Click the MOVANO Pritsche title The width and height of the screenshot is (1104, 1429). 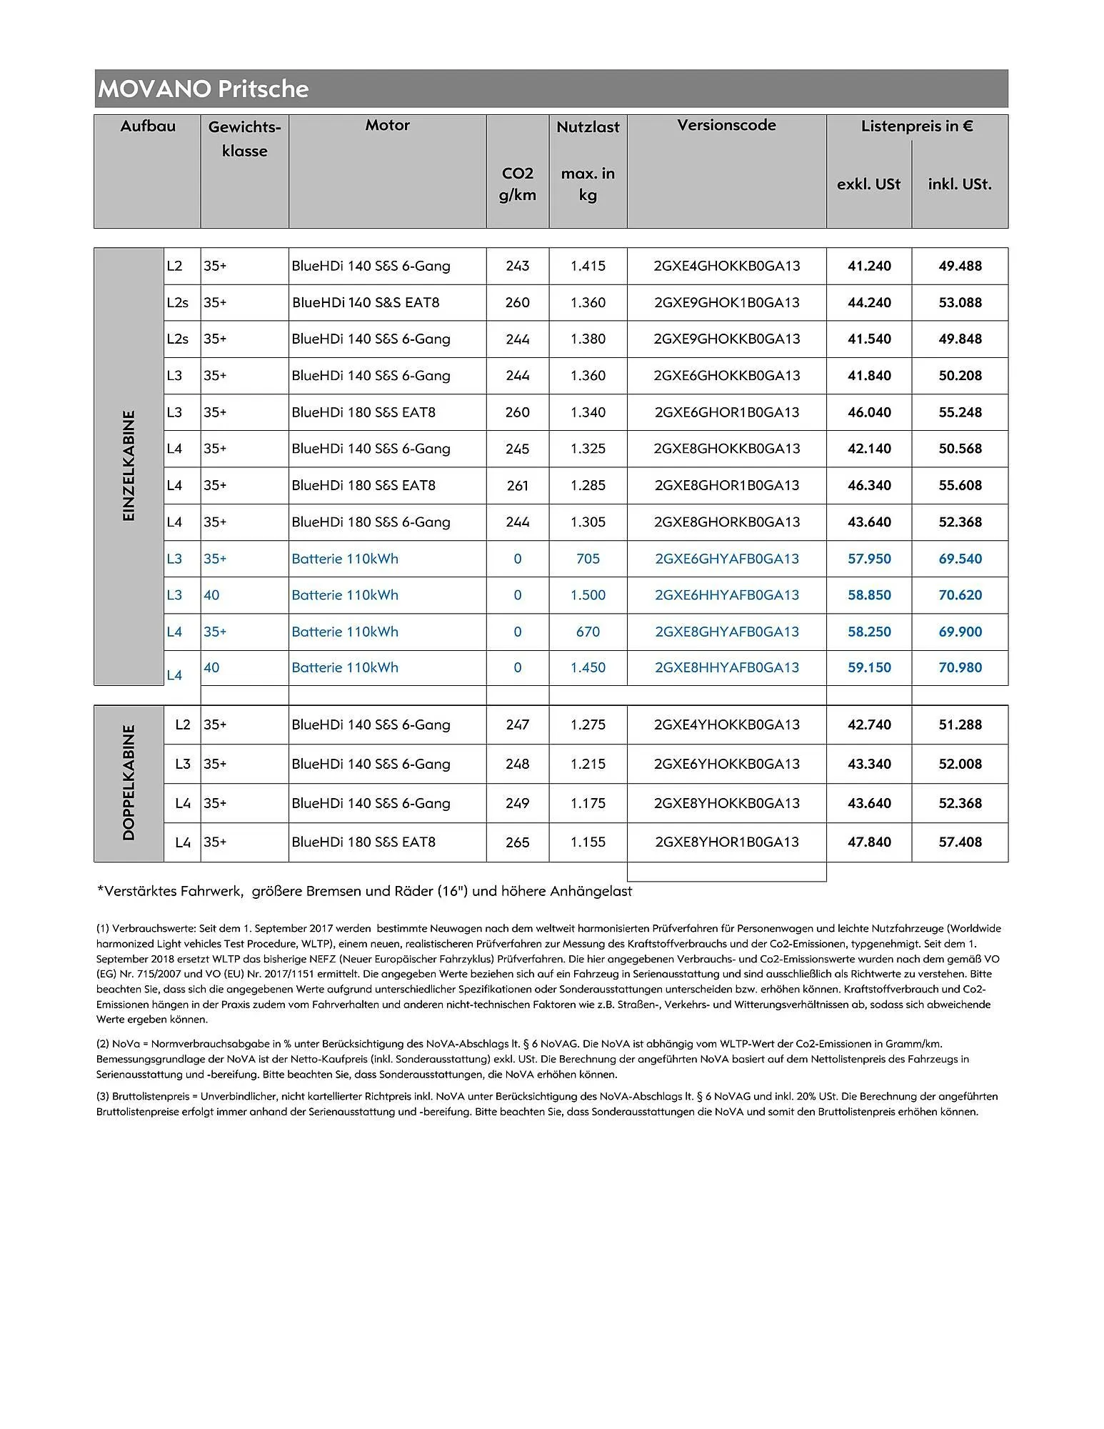[204, 89]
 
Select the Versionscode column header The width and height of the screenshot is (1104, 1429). [726, 125]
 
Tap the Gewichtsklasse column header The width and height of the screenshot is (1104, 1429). [244, 139]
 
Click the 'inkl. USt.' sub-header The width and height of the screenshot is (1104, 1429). [959, 184]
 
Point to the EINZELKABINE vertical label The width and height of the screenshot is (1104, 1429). [129, 466]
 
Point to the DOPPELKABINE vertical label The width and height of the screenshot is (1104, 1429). [129, 782]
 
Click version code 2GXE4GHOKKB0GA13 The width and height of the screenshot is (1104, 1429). [726, 266]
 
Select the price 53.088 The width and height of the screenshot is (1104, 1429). [960, 302]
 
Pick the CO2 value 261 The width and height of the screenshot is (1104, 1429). [517, 485]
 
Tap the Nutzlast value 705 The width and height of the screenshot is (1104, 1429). [588, 559]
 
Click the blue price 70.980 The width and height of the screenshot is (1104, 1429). [960, 667]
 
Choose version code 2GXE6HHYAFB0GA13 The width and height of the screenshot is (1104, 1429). [726, 595]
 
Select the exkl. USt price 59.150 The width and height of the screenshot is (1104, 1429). [869, 667]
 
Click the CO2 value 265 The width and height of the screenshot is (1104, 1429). [517, 842]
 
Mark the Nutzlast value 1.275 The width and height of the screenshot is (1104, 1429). [588, 725]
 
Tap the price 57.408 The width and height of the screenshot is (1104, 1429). [960, 842]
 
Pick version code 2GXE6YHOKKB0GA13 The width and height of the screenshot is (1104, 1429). [726, 764]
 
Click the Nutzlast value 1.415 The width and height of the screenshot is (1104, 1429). [588, 266]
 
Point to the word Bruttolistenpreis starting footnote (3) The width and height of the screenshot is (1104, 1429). [151, 1096]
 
